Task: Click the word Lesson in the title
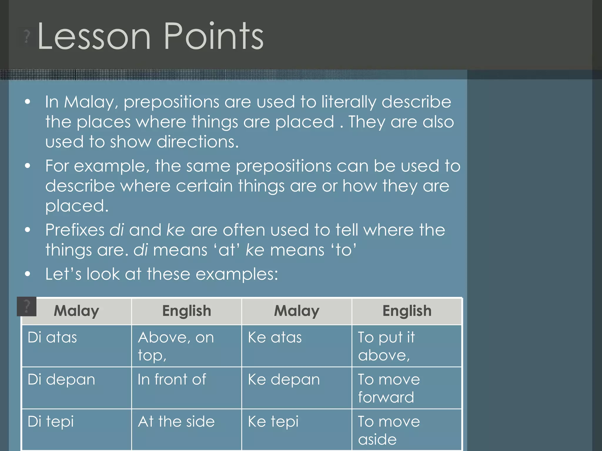(94, 37)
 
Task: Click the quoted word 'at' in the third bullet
(227, 250)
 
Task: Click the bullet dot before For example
(28, 166)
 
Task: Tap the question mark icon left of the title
(27, 37)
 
